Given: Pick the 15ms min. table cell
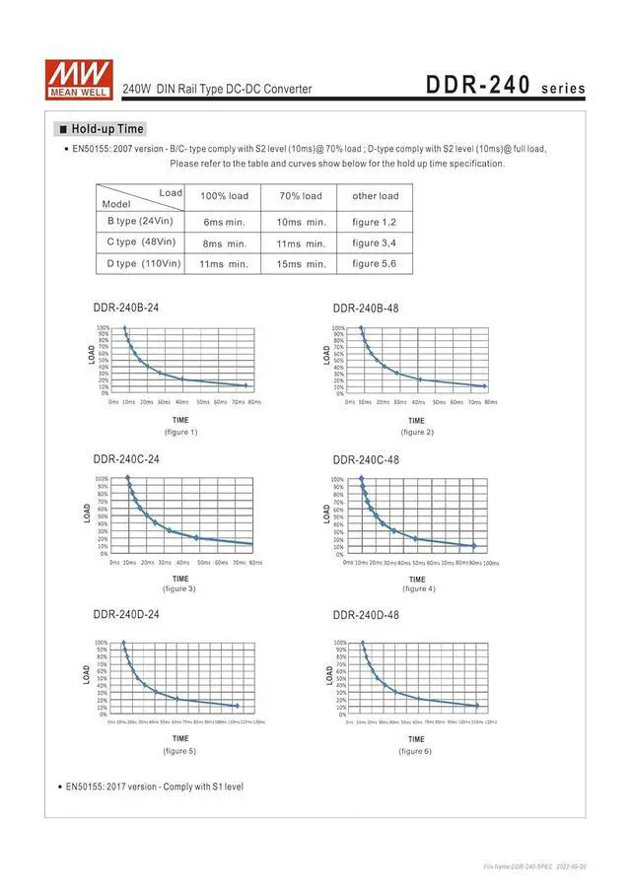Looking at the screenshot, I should click(x=301, y=263).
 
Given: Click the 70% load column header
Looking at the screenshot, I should click(x=301, y=196).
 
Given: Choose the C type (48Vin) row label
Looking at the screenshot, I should click(x=141, y=241).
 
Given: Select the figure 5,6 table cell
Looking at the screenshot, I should click(x=375, y=263).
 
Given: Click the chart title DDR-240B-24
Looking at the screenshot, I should click(x=126, y=308).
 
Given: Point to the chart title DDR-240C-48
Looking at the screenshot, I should click(x=366, y=459).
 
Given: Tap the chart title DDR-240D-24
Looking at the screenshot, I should click(x=126, y=614).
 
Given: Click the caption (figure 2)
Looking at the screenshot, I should click(x=417, y=432).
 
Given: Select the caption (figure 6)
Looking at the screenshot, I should click(x=415, y=751).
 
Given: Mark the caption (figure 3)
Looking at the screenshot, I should click(x=179, y=588).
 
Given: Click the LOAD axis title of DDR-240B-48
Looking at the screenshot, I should click(x=328, y=354).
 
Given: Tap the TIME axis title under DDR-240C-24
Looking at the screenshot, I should click(x=180, y=579).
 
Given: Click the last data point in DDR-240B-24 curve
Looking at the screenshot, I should click(x=245, y=385).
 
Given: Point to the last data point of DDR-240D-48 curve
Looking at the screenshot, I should click(x=477, y=706).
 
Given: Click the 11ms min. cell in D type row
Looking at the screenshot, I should click(x=224, y=263).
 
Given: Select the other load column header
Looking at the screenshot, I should click(x=375, y=196).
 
